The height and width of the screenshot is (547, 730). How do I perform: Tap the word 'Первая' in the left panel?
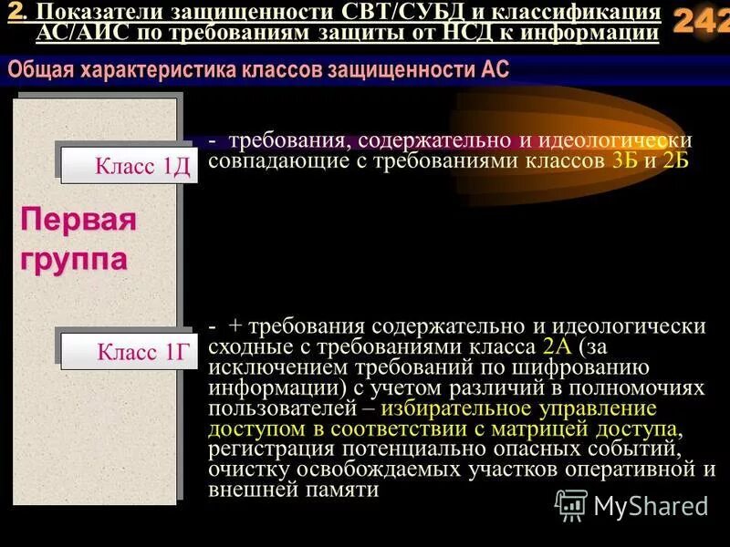pos(78,220)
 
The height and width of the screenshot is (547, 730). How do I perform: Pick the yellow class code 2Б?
pos(676,161)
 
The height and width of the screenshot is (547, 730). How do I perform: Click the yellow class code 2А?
pos(557,346)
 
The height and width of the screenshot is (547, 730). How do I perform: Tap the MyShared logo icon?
pos(572,505)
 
